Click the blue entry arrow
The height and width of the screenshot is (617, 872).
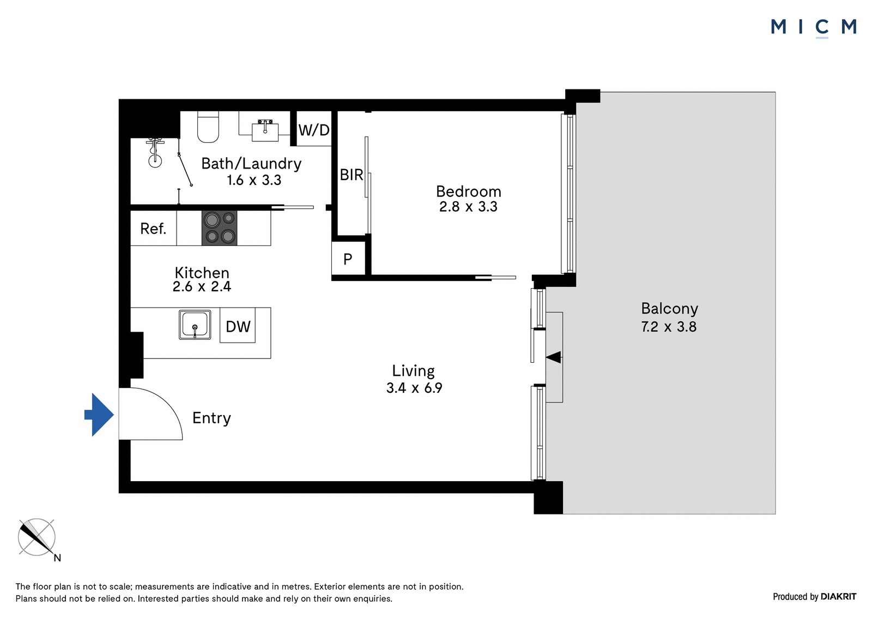click(x=100, y=415)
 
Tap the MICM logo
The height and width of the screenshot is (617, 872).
click(x=814, y=28)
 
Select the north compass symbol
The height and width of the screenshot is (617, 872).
click(x=38, y=538)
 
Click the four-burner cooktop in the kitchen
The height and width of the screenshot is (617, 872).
click(x=219, y=228)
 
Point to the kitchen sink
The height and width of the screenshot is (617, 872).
click(x=195, y=325)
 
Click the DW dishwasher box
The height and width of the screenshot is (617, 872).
click(x=238, y=326)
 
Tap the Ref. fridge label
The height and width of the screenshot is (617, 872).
click(x=153, y=229)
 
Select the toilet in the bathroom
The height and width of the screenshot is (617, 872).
click(x=208, y=127)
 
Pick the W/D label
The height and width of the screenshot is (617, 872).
click(x=314, y=130)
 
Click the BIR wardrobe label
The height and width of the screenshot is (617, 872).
click(x=351, y=175)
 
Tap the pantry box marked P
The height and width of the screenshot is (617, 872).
click(x=348, y=258)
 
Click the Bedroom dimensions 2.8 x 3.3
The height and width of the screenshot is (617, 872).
click(x=468, y=207)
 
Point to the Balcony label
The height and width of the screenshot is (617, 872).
click(x=670, y=309)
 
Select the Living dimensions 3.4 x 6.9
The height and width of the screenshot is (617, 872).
click(x=414, y=388)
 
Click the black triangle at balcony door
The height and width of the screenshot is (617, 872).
click(x=554, y=357)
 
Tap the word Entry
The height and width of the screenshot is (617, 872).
click(x=211, y=418)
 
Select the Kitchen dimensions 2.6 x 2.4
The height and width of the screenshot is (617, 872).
click(x=202, y=287)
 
